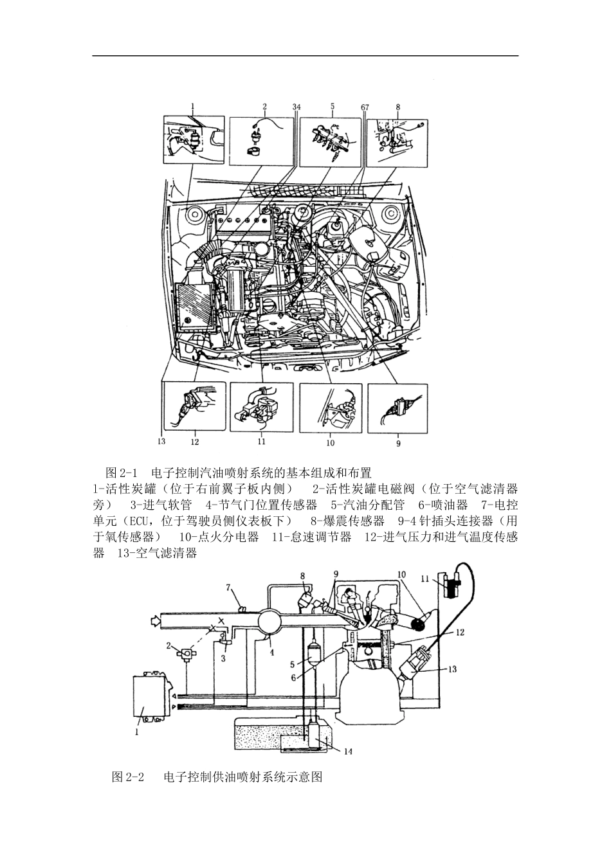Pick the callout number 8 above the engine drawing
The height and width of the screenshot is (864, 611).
398,107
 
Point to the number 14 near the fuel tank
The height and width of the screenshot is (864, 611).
347,751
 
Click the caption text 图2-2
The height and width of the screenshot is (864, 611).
126,777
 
